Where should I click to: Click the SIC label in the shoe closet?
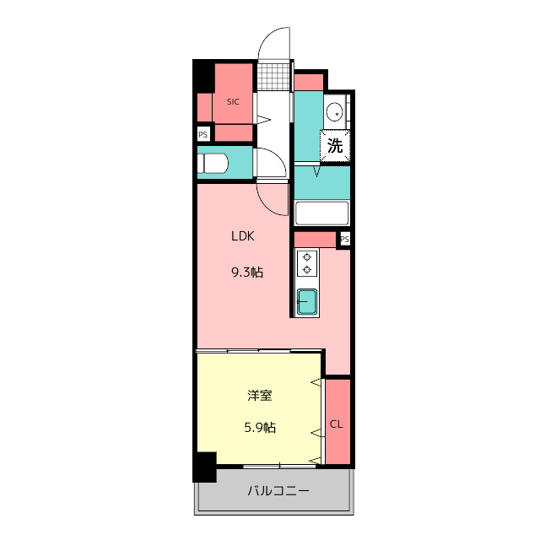click(233, 102)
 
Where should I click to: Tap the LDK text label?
click(243, 236)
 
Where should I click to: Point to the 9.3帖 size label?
click(247, 273)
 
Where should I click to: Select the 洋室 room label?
click(260, 396)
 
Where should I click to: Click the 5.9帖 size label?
click(260, 428)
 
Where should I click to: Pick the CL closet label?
click(337, 424)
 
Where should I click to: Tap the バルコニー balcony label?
click(278, 490)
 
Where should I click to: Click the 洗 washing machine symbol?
click(335, 145)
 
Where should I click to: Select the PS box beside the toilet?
click(203, 134)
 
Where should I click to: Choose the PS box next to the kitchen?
click(345, 239)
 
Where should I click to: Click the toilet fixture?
click(213, 163)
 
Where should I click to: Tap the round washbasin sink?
click(334, 111)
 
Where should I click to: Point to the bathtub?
click(322, 213)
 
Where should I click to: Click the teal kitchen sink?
click(307, 302)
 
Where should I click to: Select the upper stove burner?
click(307, 257)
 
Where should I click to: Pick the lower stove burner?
click(307, 270)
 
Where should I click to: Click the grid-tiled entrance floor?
click(274, 76)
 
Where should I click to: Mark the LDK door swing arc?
click(267, 204)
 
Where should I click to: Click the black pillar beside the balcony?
click(204, 467)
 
